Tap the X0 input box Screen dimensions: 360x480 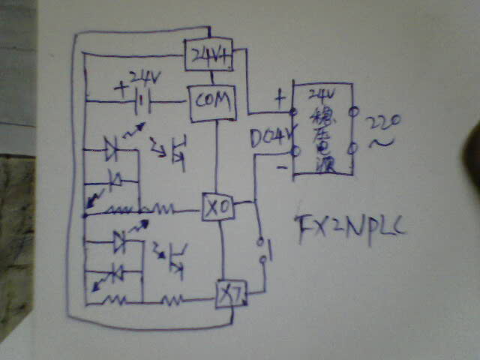[x=217, y=207]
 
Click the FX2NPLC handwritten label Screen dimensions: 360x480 [x=348, y=226]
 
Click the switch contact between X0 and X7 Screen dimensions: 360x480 [x=262, y=252]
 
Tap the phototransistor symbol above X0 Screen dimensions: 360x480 [x=177, y=147]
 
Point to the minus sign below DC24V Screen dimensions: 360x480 [x=280, y=166]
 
